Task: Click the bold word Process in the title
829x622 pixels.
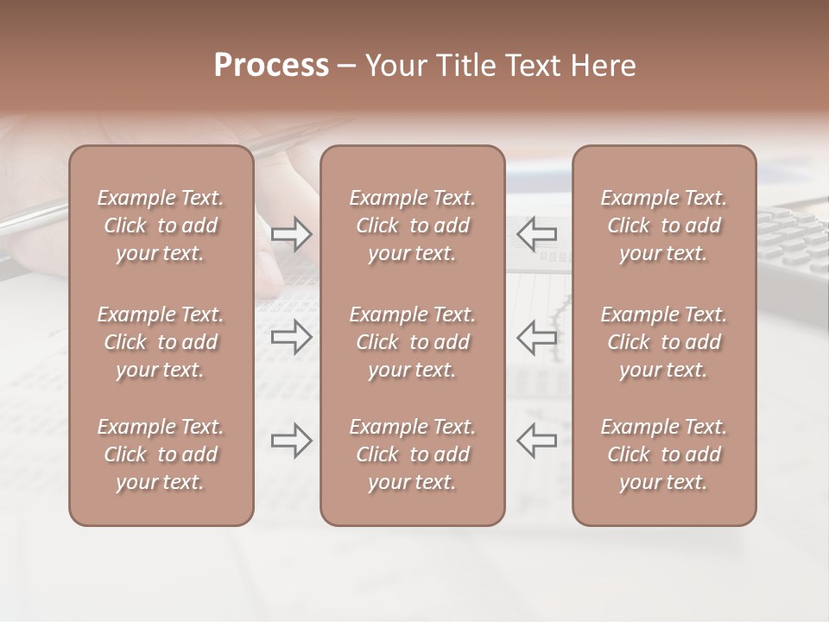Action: (271, 66)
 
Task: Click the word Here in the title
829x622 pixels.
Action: (601, 66)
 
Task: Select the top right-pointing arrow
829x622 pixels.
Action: (291, 233)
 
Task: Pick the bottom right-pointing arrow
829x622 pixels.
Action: (291, 441)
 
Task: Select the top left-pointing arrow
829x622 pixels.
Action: (536, 233)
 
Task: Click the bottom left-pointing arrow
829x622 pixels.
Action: (536, 441)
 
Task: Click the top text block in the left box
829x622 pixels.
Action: (161, 225)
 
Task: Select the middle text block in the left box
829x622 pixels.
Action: (161, 342)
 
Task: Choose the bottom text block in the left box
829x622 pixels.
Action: (161, 454)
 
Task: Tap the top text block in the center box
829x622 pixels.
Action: (412, 225)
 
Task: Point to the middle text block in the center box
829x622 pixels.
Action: (412, 342)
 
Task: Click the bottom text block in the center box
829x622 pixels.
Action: (412, 454)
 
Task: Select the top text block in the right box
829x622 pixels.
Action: (663, 225)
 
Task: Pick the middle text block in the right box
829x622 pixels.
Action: (663, 342)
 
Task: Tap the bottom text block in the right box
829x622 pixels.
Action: (663, 454)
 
